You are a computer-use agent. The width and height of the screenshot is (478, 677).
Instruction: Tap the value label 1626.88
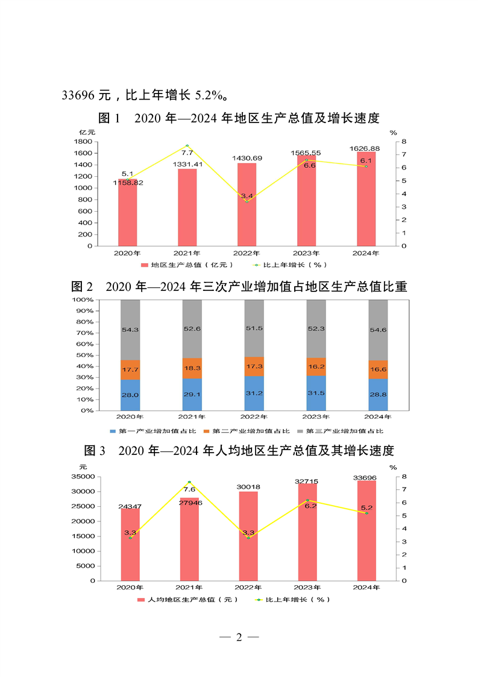point(365,148)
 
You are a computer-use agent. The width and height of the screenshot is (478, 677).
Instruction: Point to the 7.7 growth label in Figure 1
point(187,153)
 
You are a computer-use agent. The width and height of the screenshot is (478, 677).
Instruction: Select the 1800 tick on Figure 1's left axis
point(84,142)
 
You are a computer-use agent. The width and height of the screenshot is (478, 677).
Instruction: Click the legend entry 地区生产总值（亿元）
point(184,264)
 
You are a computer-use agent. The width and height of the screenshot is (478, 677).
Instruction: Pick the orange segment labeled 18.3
point(192,368)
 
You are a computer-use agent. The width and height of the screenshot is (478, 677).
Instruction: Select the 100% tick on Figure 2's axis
point(82,299)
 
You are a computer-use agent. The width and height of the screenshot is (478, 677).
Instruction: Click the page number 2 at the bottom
point(239,637)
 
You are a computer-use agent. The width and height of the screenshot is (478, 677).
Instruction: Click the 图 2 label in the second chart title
point(82,286)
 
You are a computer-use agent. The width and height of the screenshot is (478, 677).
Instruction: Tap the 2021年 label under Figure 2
point(192,416)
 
